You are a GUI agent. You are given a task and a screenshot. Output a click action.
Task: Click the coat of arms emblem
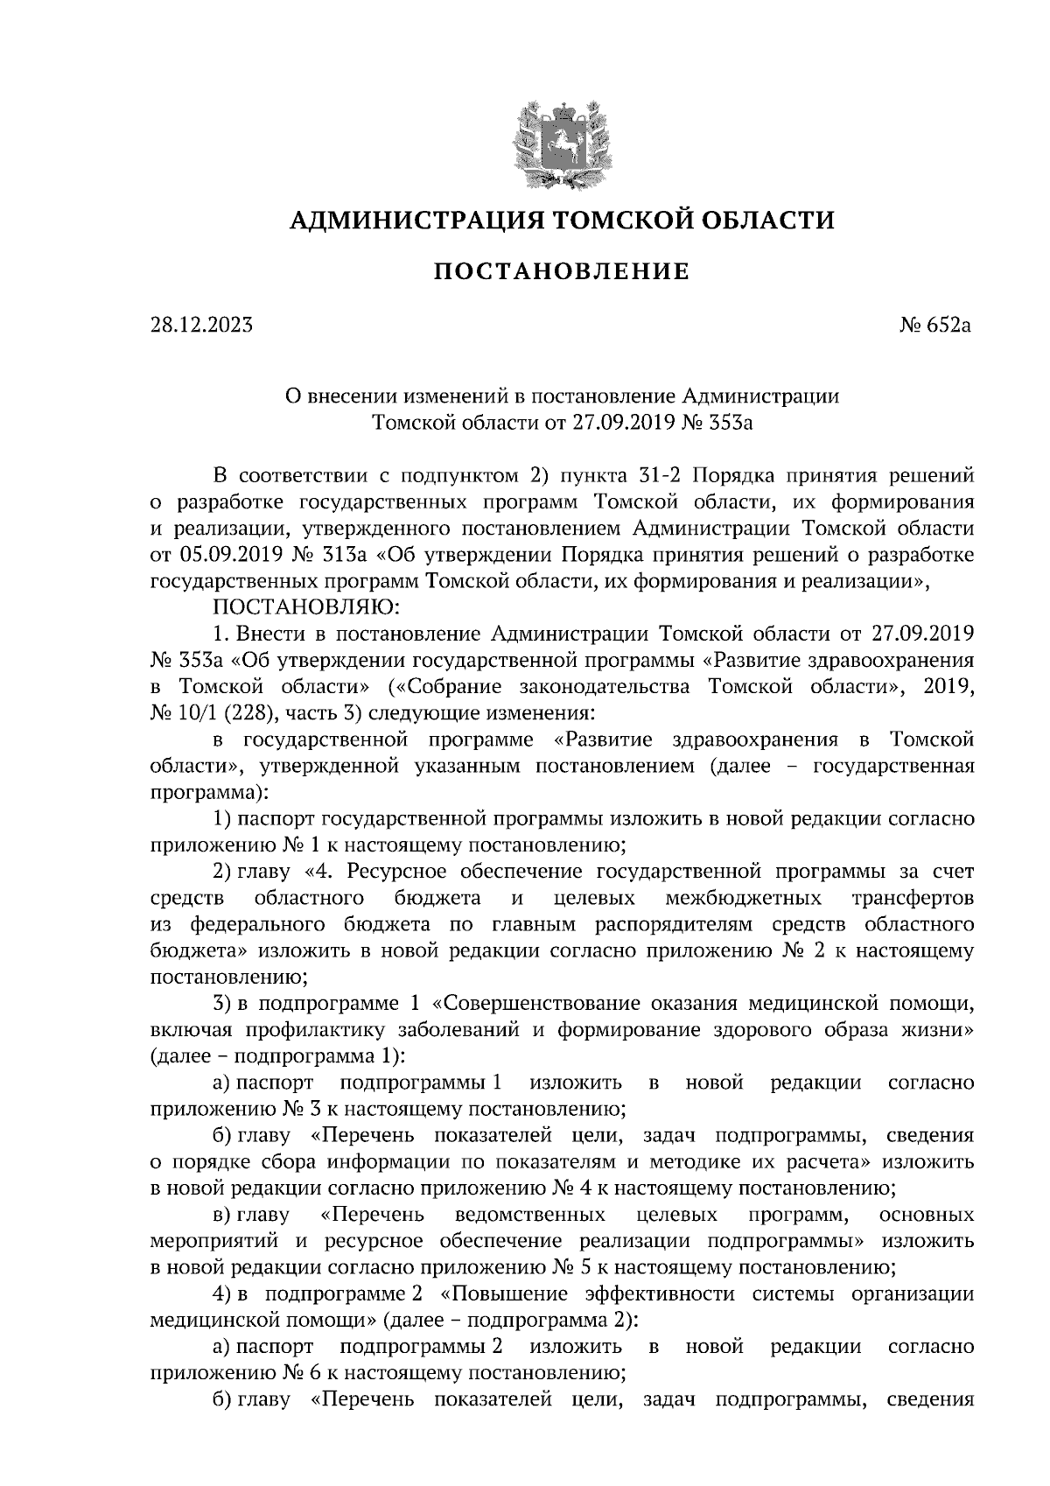click(561, 142)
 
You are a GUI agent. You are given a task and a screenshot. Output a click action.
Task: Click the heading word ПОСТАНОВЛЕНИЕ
click(562, 272)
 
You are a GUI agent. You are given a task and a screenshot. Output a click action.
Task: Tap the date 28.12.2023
click(201, 326)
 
